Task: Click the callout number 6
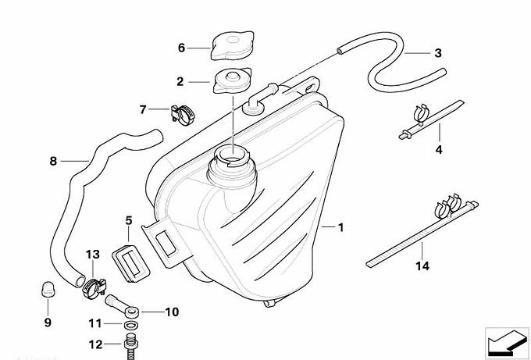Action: point(181,48)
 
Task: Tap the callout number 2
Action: point(180,81)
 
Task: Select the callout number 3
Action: point(437,53)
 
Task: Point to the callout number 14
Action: point(422,266)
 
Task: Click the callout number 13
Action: point(93,255)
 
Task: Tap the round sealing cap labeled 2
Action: point(233,79)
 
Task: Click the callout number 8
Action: point(53,162)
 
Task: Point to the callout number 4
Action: point(439,149)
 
